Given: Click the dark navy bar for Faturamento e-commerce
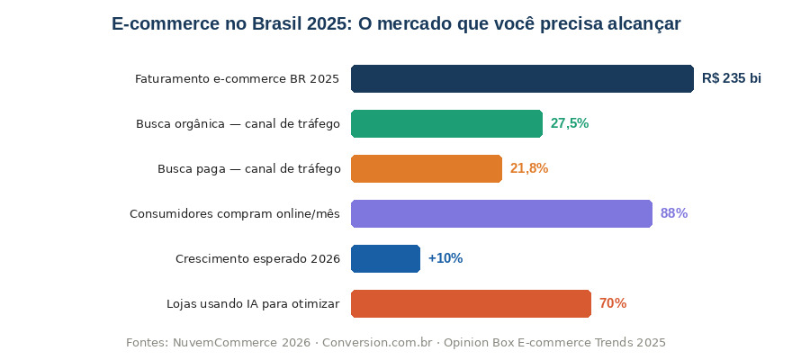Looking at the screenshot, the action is tap(522, 79).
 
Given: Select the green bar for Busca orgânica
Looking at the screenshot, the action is tap(446, 123).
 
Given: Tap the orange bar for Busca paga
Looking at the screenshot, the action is tap(427, 168).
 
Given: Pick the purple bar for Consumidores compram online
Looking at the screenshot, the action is tap(501, 213).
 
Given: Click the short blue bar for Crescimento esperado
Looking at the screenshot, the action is tap(385, 258).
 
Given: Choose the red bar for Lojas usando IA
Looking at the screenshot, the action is tap(471, 303).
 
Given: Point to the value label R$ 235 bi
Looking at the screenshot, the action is tap(732, 79).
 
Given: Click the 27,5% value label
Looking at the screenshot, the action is tap(570, 123).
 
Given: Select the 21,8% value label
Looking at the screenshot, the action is tap(529, 168).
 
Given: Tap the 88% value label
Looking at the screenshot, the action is tap(674, 213).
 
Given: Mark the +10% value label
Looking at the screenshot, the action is tap(445, 258).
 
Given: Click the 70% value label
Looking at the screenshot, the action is tap(613, 303).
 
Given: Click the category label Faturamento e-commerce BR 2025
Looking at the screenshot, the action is tap(237, 79).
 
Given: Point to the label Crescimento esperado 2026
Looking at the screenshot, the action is tap(257, 259).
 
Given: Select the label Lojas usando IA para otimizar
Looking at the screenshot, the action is tap(253, 304).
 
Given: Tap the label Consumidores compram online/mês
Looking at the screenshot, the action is tap(234, 214).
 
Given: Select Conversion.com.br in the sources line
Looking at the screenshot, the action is tap(377, 343).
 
